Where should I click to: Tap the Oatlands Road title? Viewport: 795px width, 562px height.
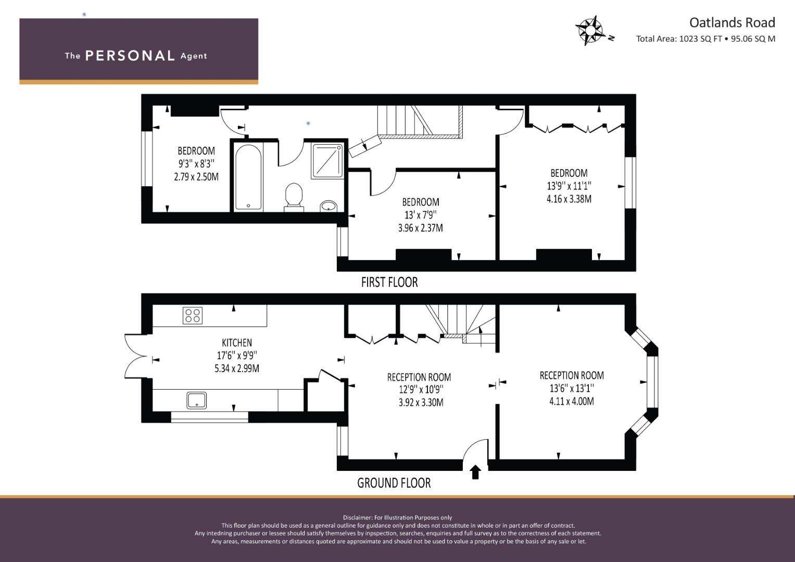(732, 23)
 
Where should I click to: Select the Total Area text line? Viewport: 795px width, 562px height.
(705, 39)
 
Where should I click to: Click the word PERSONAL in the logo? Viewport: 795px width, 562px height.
(130, 56)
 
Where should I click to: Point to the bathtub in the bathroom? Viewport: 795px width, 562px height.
(248, 177)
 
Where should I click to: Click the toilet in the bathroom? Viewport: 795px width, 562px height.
(294, 197)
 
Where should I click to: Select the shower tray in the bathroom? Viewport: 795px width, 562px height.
(327, 161)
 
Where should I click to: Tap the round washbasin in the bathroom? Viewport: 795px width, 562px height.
(329, 206)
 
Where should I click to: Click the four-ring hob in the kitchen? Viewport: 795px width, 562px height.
(193, 315)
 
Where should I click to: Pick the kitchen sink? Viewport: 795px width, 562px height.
(197, 400)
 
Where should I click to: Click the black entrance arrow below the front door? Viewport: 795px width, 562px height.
(475, 472)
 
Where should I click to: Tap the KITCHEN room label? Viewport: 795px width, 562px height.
(237, 343)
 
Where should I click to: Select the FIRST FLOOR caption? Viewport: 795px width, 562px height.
(389, 283)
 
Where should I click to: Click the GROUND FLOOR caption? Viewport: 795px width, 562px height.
(394, 483)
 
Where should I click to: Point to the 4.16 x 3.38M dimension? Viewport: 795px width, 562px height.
(569, 199)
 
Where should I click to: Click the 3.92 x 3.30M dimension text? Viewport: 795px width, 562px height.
(421, 402)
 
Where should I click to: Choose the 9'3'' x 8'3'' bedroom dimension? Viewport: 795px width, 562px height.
(196, 163)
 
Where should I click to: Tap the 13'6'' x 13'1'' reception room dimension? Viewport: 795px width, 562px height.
(572, 388)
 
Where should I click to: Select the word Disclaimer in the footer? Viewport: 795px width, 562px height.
(358, 518)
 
